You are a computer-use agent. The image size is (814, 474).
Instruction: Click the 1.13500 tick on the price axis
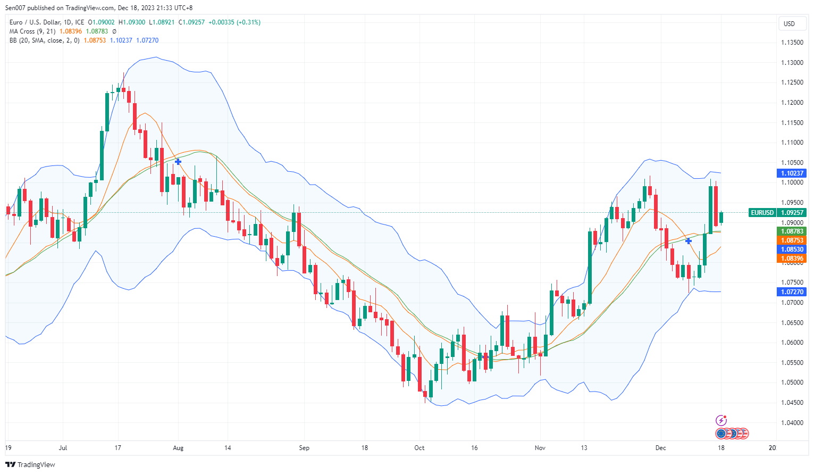point(792,43)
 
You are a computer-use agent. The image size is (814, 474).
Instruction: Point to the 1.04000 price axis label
point(792,423)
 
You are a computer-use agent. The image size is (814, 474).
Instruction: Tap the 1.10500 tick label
point(792,163)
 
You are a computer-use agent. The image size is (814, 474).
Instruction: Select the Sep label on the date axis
point(304,448)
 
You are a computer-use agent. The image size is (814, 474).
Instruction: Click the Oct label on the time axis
point(419,448)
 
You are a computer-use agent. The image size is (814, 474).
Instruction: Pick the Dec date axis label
point(660,448)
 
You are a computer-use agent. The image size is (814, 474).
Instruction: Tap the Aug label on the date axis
point(178,448)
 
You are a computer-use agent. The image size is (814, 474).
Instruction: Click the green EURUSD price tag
point(762,213)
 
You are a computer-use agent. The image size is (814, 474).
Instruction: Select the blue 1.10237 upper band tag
point(792,173)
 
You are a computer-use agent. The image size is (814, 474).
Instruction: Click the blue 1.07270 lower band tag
point(792,292)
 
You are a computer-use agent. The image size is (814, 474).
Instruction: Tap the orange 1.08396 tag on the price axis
point(792,259)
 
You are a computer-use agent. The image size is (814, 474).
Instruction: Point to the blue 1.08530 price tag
point(792,250)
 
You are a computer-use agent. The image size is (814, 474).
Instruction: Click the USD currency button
point(790,23)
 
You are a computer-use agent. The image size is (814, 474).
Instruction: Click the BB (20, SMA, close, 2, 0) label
point(45,40)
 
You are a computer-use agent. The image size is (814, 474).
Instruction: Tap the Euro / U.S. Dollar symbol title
point(47,22)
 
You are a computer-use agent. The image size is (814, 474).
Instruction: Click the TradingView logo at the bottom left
point(30,464)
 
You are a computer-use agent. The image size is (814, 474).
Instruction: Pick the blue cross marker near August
point(178,161)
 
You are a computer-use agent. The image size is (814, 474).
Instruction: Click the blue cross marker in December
point(689,241)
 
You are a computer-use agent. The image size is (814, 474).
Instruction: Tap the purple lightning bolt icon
point(721,420)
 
